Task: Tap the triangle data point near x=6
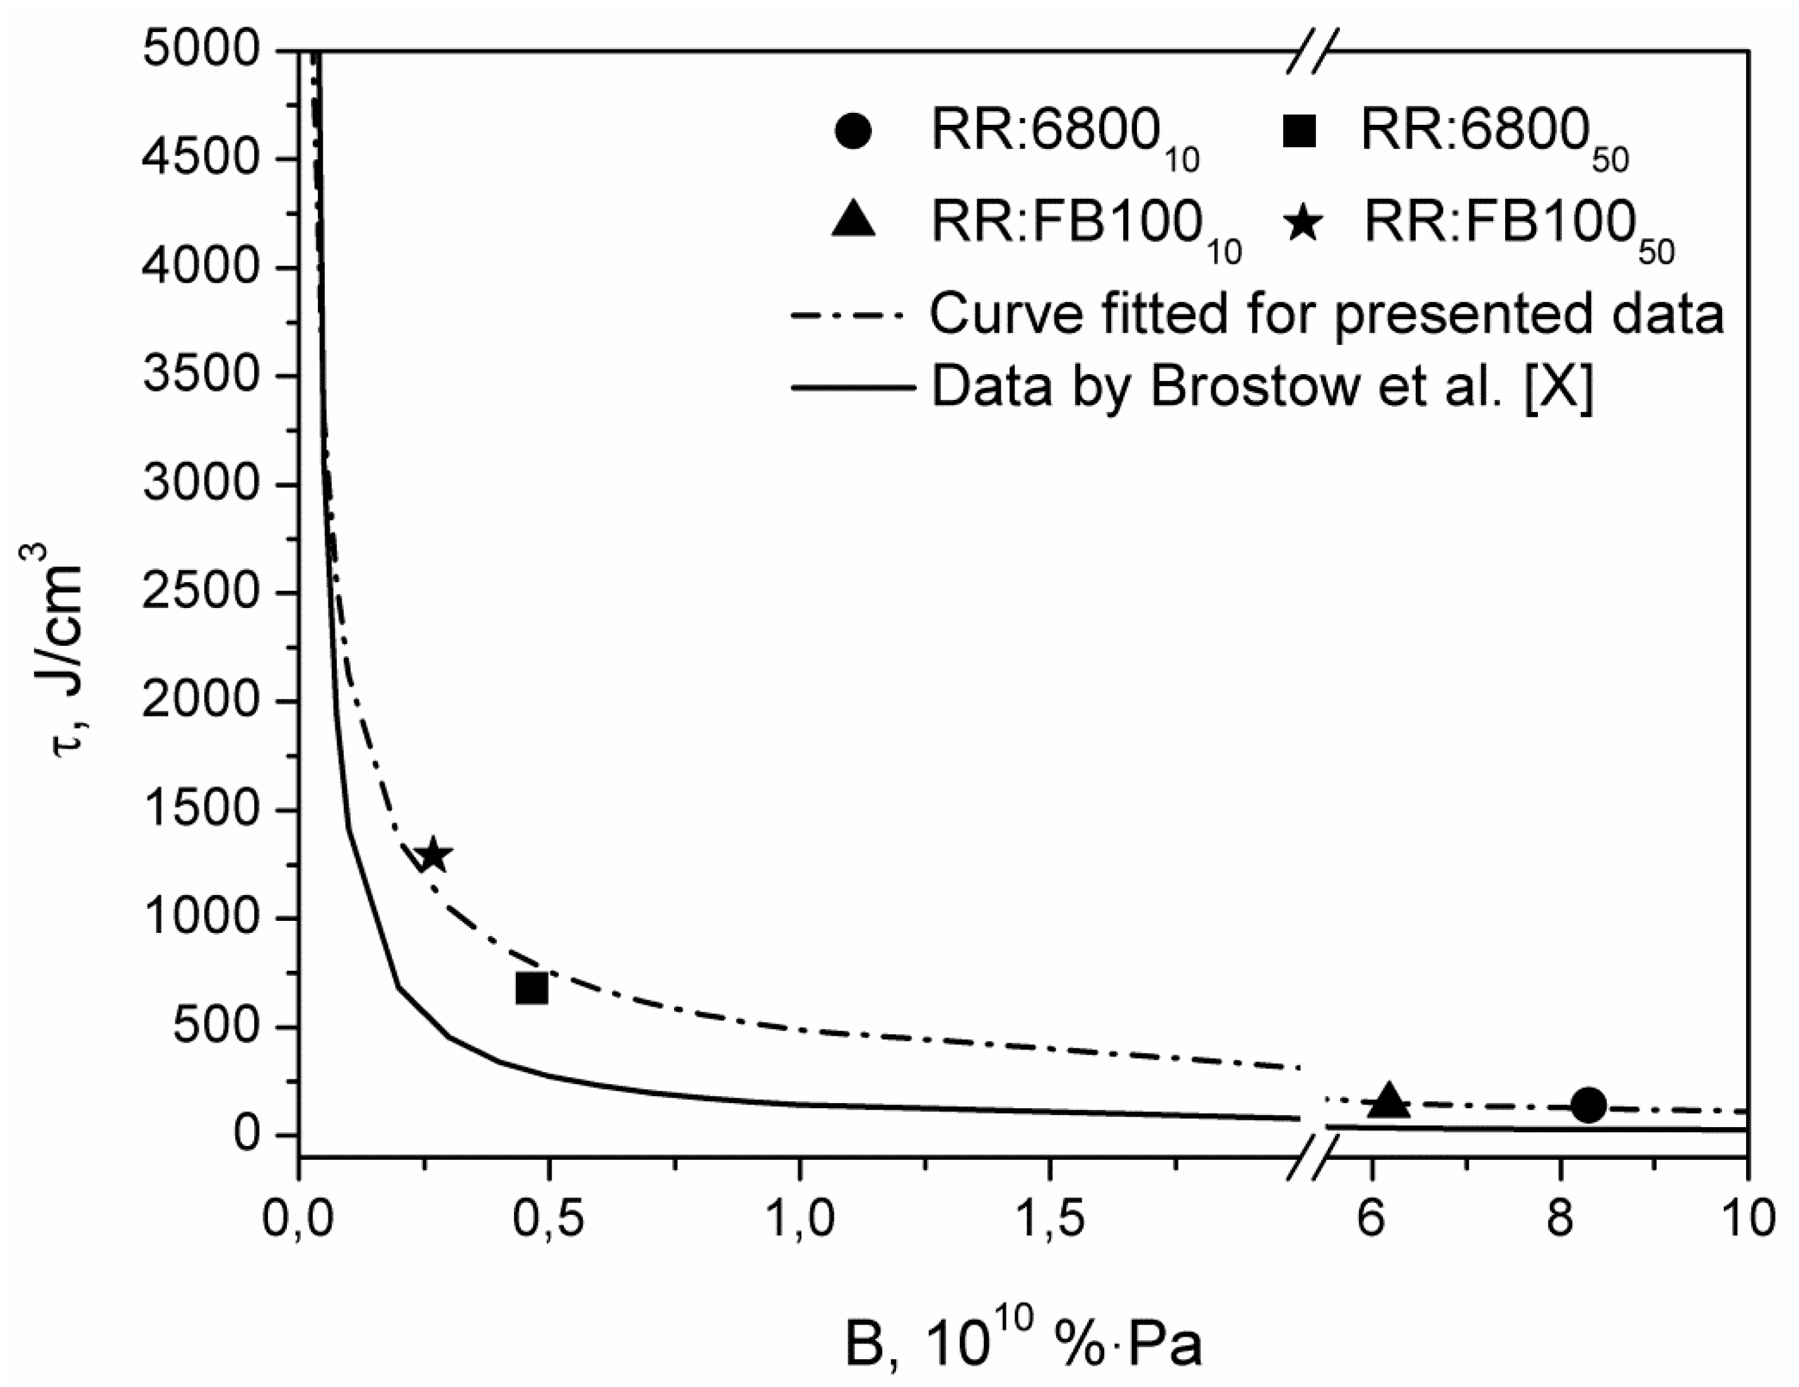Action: [1389, 1101]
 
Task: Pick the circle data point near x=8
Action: [1589, 1105]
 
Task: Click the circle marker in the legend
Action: [853, 132]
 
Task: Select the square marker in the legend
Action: [1300, 132]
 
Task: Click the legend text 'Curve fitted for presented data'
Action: [1326, 315]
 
